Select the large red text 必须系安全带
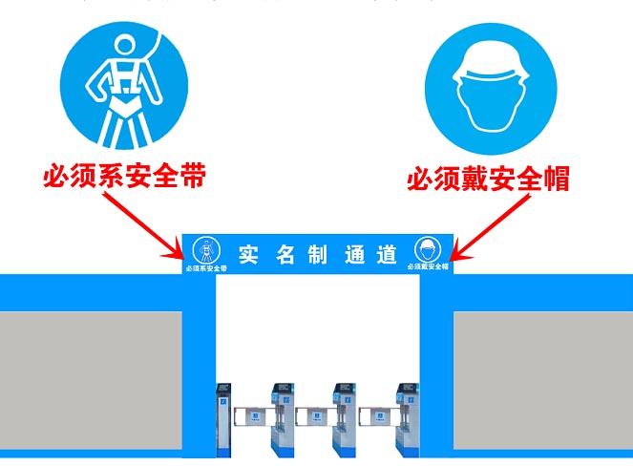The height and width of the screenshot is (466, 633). pos(125,178)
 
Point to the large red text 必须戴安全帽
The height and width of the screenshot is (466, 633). pos(488,179)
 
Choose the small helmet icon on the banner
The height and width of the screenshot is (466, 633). pos(427,250)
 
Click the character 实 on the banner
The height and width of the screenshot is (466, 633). pos(249,254)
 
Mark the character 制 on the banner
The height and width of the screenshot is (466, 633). pos(317,254)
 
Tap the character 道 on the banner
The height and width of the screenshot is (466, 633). pos(387,254)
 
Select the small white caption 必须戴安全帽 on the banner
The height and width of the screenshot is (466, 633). pos(428,267)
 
